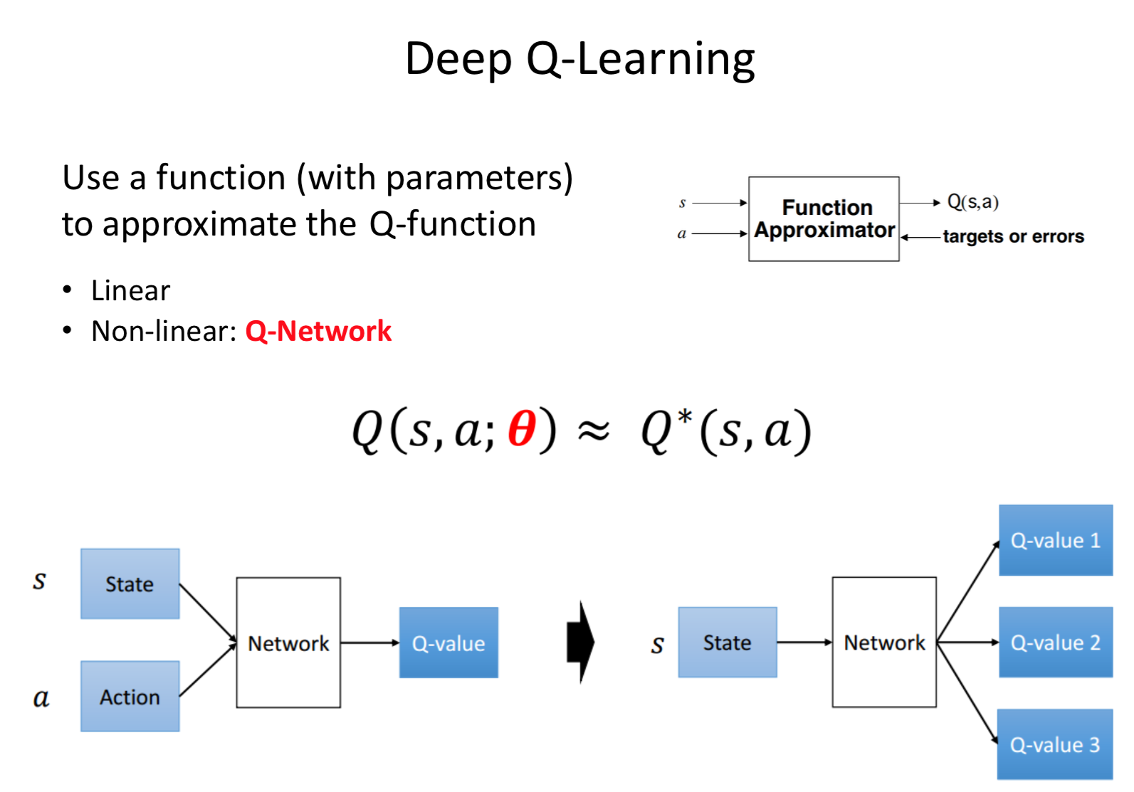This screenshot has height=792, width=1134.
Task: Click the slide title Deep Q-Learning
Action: [579, 59]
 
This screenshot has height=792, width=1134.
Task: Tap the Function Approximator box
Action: [824, 219]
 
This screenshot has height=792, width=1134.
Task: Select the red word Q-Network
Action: [318, 332]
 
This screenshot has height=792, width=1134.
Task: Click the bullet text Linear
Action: [131, 291]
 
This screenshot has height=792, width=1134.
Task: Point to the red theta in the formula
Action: [521, 430]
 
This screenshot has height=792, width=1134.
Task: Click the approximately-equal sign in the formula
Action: [593, 431]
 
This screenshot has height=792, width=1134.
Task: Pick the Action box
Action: [130, 697]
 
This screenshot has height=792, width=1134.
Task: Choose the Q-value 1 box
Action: [1055, 541]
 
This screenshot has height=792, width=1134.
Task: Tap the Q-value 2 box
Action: [1055, 643]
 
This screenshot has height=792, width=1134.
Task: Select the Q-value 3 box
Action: [1055, 745]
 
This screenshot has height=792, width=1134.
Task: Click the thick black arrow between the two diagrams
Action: [581, 643]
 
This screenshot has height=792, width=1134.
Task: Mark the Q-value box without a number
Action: [448, 643]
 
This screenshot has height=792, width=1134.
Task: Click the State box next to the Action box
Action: [130, 584]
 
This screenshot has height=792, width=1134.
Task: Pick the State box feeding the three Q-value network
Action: [727, 643]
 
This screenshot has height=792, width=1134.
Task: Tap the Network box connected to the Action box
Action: [288, 643]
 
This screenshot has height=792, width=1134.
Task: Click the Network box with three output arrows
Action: [884, 643]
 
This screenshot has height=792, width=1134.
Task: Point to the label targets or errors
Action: [1013, 237]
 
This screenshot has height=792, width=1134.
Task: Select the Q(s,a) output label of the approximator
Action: [973, 203]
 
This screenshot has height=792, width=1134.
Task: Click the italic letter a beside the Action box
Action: [41, 698]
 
